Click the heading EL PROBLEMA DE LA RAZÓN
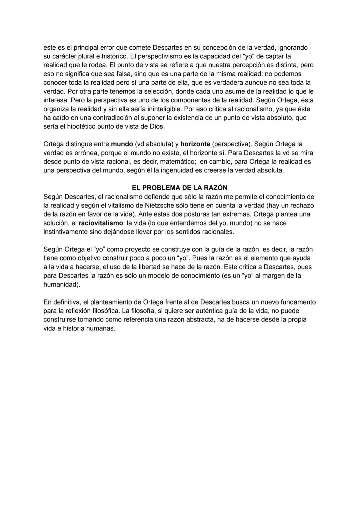180,188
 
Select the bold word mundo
122,144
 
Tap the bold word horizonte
195,144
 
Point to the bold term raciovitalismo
100,223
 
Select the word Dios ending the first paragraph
157,127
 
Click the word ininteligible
161,109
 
